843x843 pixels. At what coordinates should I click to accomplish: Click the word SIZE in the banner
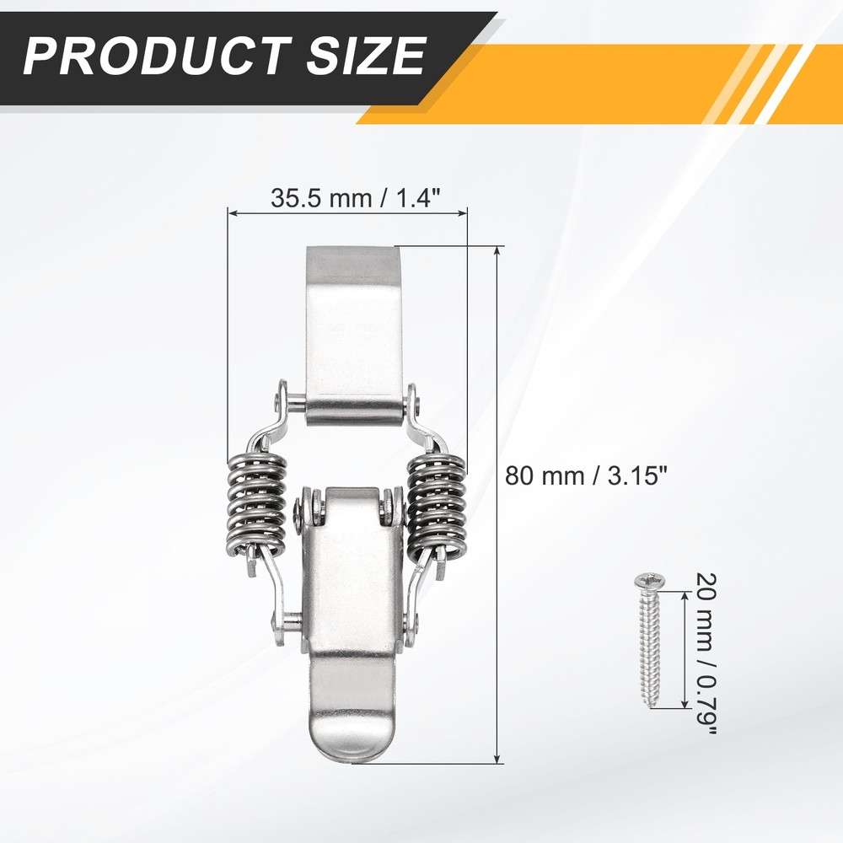click(367, 56)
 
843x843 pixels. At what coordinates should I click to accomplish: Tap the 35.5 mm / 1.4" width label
click(356, 198)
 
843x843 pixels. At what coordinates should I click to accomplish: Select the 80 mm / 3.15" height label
click(586, 476)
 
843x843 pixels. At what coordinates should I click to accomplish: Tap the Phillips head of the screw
click(649, 581)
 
